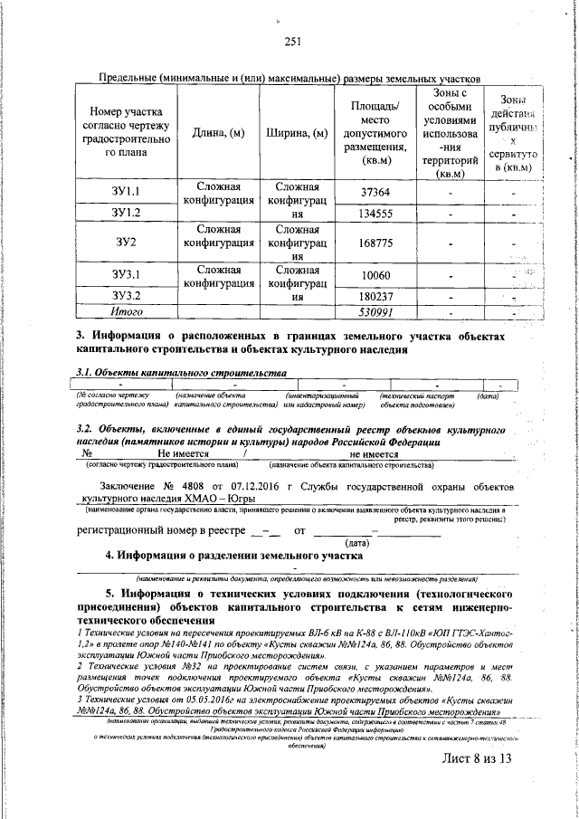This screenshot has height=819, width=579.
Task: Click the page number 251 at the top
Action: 291,41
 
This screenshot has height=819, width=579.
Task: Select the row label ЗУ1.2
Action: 125,214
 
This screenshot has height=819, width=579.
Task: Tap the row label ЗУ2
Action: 125,243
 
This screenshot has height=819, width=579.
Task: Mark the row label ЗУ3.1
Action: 125,274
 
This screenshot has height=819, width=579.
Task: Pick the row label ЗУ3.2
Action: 125,296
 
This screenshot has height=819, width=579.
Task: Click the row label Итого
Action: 125,312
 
